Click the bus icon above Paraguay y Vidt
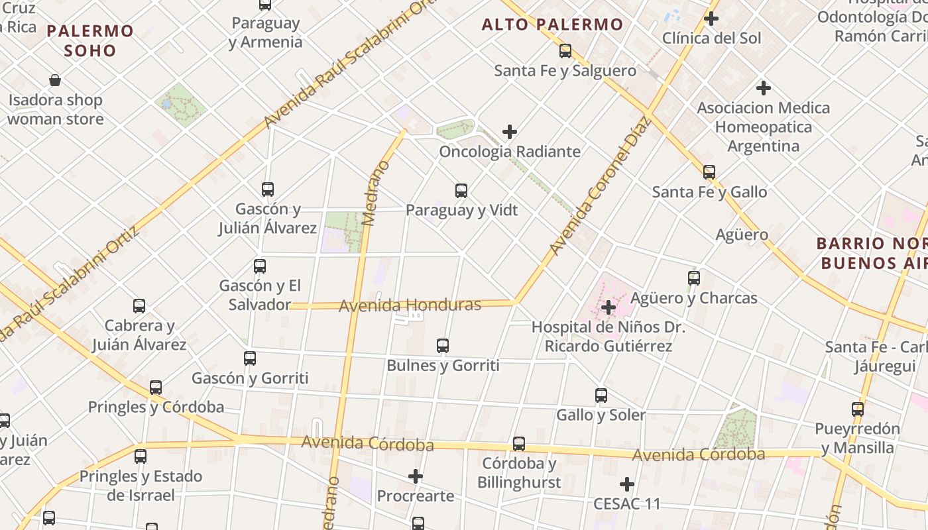coord(461,191)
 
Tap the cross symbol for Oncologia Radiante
coord(509,132)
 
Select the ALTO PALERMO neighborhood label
coord(552,25)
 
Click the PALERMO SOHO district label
coord(90,40)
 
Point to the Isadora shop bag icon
coord(55,81)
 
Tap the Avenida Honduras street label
coord(410,305)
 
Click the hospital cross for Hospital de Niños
coord(609,307)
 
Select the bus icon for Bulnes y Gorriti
coord(443,346)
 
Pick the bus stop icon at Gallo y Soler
coord(601,396)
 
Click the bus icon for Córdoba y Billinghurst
coord(519,444)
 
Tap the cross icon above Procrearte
coord(416,476)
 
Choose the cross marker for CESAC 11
coord(627,484)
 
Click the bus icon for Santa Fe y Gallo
coord(709,172)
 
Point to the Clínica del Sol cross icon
coord(711,19)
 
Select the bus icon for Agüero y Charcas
coord(694,278)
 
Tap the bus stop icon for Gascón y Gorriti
coord(250,358)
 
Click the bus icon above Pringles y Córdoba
coord(156,388)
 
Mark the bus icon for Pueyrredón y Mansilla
coord(858,409)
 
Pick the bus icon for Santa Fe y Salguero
coord(565,51)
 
